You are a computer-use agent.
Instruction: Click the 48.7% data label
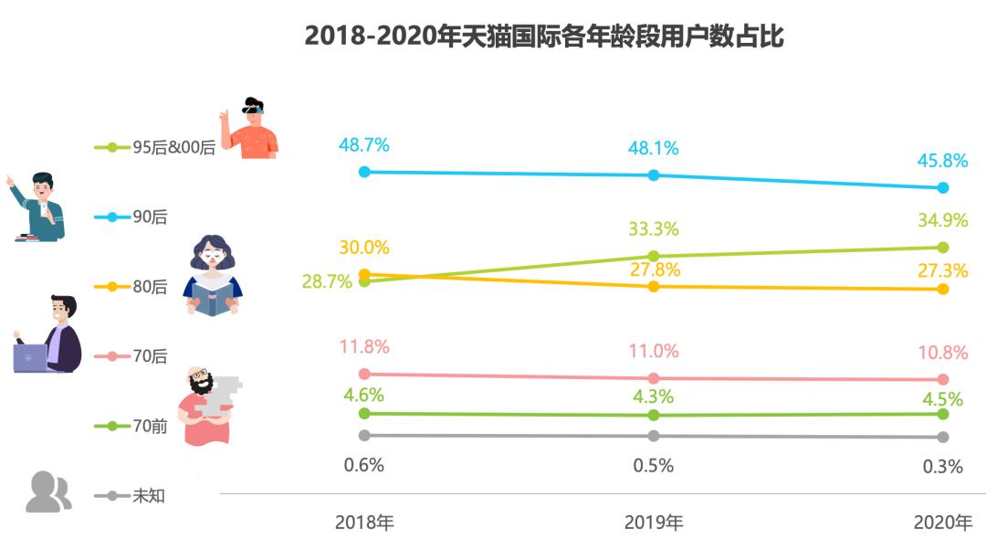pyautogui.click(x=364, y=144)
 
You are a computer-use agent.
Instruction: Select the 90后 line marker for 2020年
pyautogui.click(x=943, y=187)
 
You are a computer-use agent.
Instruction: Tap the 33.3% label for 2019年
pyautogui.click(x=654, y=229)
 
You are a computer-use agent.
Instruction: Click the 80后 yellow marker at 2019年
pyautogui.click(x=654, y=287)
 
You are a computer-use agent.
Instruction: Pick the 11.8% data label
pyautogui.click(x=364, y=346)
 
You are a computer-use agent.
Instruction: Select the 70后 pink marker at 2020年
pyautogui.click(x=943, y=379)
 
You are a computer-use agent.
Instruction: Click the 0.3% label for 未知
pyautogui.click(x=943, y=466)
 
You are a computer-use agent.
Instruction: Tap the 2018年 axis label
pyautogui.click(x=364, y=523)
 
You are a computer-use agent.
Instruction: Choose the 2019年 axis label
pyautogui.click(x=654, y=523)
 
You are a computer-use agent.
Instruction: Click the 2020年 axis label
pyautogui.click(x=943, y=523)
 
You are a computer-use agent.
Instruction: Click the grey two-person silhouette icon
pyautogui.click(x=48, y=492)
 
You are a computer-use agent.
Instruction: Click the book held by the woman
pyautogui.click(x=213, y=298)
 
